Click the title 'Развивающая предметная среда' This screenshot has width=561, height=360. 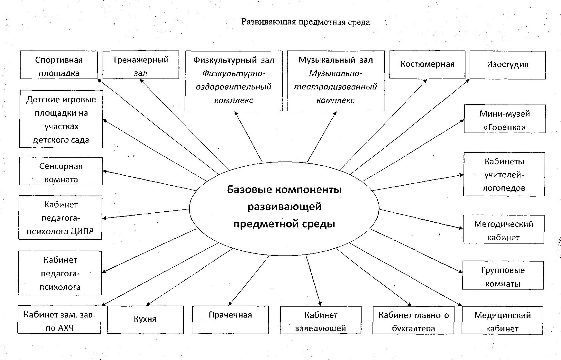(306, 22)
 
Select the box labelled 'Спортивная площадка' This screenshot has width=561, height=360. (59, 65)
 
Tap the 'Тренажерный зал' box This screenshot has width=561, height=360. (141, 65)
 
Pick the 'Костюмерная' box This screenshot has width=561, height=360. (427, 65)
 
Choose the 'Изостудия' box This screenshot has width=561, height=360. (508, 65)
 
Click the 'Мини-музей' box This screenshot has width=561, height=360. (505, 119)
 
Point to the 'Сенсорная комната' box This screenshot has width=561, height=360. (61, 171)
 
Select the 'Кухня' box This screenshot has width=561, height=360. (145, 320)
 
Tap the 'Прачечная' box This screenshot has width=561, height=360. (230, 320)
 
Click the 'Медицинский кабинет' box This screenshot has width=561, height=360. (502, 320)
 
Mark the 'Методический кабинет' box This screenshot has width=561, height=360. (503, 229)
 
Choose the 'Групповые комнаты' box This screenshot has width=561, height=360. (503, 275)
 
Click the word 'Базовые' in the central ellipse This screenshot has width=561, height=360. (249, 190)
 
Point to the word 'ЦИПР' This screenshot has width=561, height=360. (82, 231)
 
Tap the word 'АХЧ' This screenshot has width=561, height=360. (60, 328)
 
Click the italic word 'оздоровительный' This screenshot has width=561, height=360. (234, 87)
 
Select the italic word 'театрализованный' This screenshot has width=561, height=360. (335, 87)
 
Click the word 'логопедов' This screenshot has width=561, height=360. (504, 188)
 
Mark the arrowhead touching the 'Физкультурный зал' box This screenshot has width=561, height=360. (236, 113)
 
